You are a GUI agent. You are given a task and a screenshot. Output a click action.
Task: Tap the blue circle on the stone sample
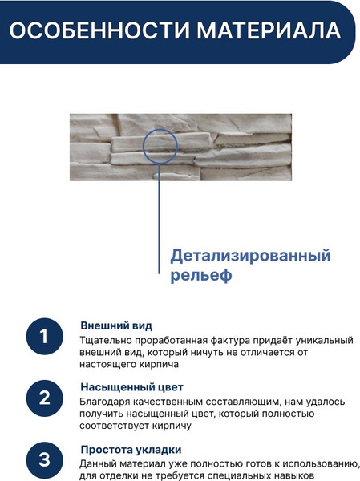[x=160, y=149]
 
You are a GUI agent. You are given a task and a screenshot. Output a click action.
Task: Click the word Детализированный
[x=250, y=257]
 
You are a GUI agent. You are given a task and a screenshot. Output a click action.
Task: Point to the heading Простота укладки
[x=131, y=449]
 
